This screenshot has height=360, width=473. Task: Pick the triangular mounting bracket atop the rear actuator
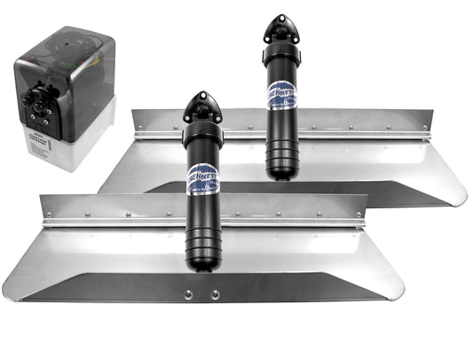(x=281, y=27)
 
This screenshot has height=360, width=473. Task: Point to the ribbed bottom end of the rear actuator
(x=282, y=160)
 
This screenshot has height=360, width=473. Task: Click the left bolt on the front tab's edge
(x=188, y=293)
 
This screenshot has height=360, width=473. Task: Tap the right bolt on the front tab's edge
(x=216, y=293)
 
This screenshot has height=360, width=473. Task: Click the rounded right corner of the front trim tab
(x=396, y=287)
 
